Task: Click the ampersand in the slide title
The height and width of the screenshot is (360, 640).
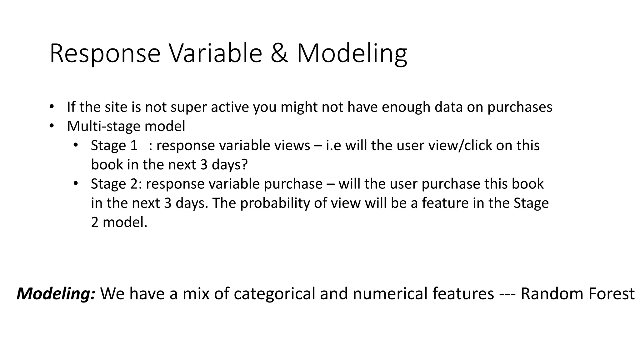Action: point(279,53)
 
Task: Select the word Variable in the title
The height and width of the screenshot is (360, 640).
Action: point(215,53)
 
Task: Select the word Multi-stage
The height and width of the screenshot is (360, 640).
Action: point(105,127)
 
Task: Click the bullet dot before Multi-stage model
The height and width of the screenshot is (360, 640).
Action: point(52,126)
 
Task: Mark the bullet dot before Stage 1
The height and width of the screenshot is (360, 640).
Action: point(75,145)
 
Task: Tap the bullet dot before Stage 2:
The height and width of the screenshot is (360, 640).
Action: point(75,183)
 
